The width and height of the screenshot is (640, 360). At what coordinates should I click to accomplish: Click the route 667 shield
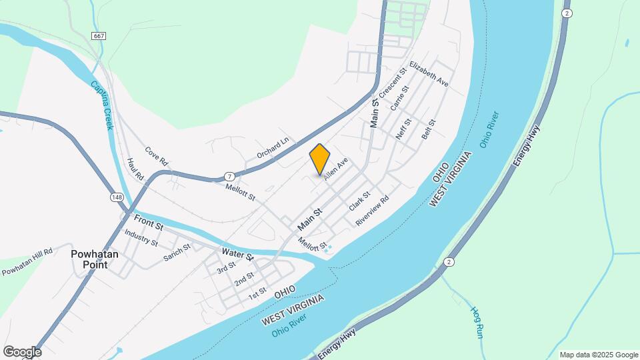pos(99,35)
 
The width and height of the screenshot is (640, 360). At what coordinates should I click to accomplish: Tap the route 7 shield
pos(229,176)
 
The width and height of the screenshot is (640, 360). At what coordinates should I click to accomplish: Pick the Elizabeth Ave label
pos(429,75)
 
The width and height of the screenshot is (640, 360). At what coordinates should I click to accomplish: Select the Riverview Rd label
pos(372,211)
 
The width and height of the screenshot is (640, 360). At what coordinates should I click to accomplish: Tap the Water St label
pos(238,254)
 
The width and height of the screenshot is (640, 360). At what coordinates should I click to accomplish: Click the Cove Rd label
pos(156,157)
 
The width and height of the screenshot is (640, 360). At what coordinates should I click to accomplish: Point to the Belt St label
pos(428,129)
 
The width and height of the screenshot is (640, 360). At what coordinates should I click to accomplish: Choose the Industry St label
pos(141,238)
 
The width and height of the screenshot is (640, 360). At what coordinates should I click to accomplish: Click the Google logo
pos(21,351)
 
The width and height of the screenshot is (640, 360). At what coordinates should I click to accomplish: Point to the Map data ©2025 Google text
pos(599,355)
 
